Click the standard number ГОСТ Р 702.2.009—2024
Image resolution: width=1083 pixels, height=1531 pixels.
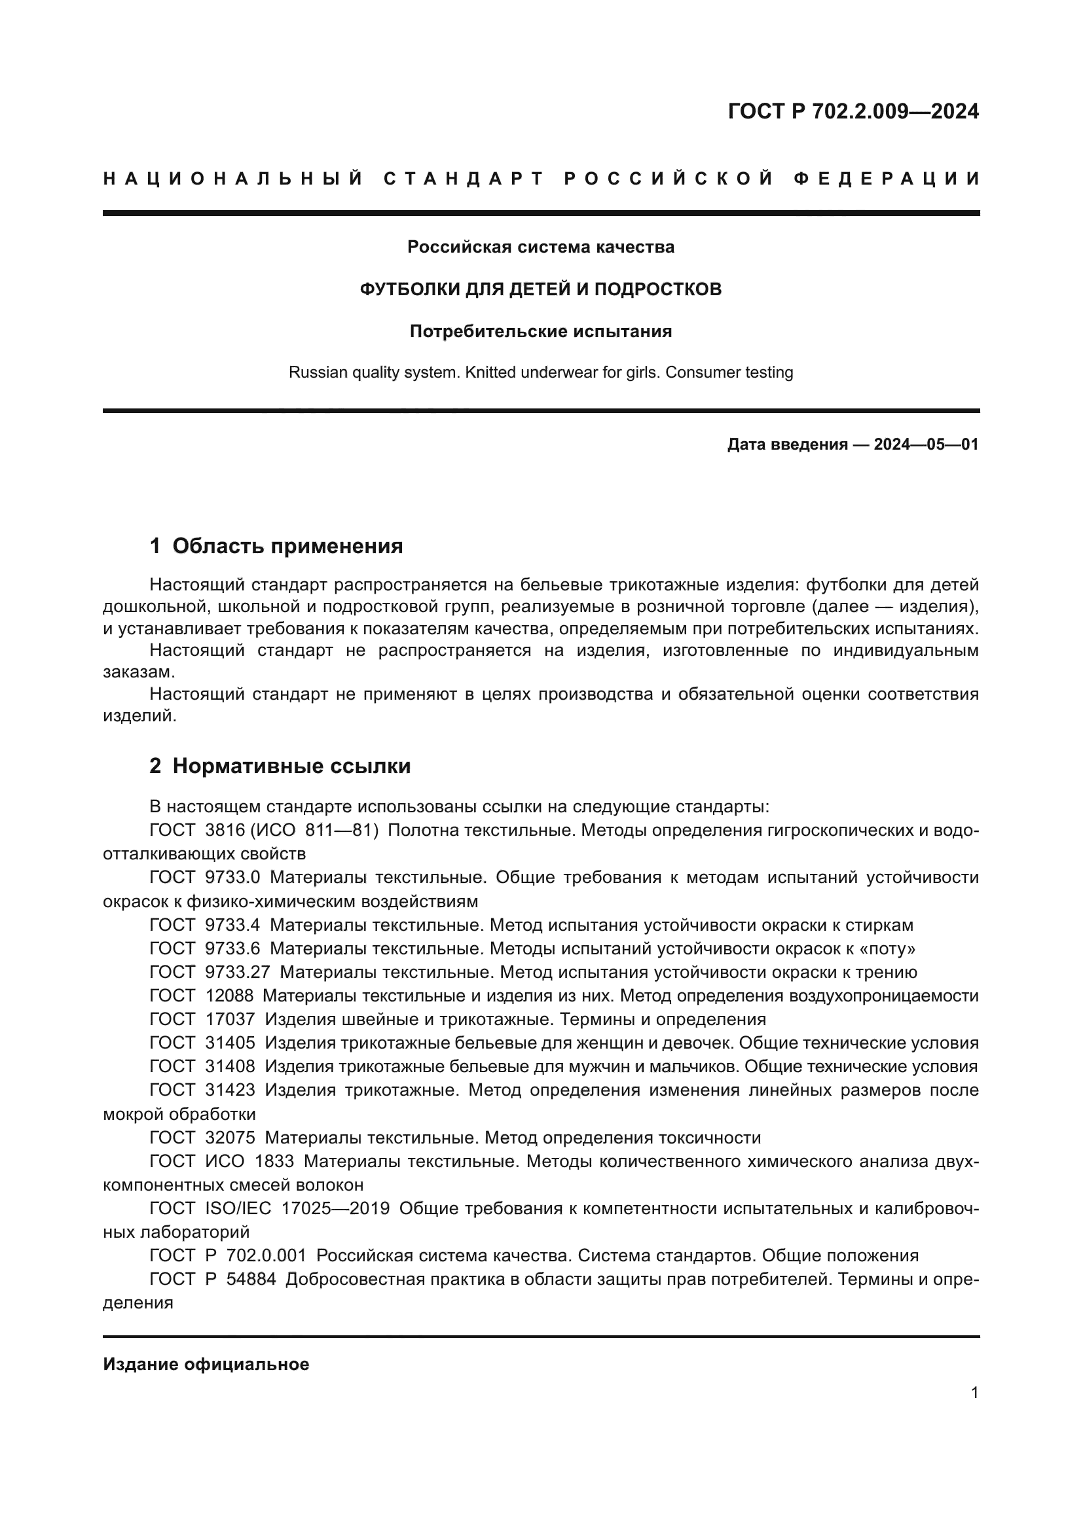tap(853, 111)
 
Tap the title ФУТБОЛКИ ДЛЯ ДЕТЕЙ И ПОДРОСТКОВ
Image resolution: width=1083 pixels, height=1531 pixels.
tap(541, 289)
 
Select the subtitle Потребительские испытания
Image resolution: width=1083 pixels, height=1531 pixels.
tap(541, 331)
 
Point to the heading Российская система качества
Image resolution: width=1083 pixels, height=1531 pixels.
tap(541, 247)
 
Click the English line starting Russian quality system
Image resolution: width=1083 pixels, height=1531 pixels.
tap(541, 372)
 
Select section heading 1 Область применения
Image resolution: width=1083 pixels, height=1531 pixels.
tap(276, 546)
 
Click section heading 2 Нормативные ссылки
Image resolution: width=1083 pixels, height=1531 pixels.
tap(280, 766)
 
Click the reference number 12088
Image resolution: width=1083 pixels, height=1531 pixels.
tap(229, 996)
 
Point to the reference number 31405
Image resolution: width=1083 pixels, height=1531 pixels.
tap(230, 1043)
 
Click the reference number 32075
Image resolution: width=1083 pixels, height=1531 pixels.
tap(230, 1138)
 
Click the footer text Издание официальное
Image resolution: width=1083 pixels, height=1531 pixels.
tap(206, 1364)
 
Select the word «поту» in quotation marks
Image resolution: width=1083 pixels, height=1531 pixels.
tap(889, 949)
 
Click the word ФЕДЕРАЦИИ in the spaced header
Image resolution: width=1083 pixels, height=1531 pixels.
tap(887, 179)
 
